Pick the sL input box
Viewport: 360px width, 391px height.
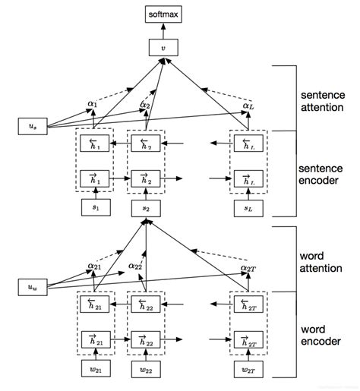248,207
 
